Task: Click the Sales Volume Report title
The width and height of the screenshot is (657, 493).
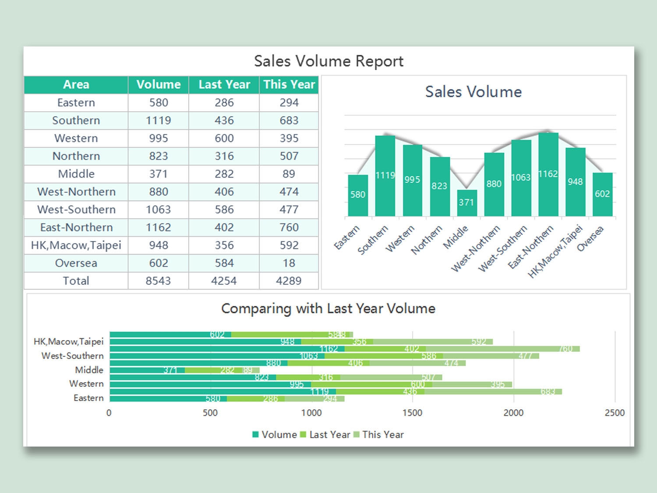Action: coord(328,61)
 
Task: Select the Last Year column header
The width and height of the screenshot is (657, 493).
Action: coord(224,85)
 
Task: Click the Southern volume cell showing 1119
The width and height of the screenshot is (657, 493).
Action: coord(158,121)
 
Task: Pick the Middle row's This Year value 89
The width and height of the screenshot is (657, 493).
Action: coord(289,174)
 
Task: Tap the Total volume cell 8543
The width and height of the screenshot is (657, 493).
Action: coord(158,281)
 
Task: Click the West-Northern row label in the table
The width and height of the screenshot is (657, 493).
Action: coord(76,192)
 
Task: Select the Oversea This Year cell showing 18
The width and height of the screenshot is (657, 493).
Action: coord(289,263)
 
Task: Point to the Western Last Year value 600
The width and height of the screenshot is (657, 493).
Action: coord(224,138)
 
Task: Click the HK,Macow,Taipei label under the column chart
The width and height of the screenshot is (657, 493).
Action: coord(555,252)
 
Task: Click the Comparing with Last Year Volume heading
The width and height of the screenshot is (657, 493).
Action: coord(328,309)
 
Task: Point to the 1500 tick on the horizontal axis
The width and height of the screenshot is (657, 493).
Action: coord(412,413)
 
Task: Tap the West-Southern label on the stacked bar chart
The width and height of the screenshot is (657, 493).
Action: coord(73,356)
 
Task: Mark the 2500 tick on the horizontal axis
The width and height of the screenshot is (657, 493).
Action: coord(615,413)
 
